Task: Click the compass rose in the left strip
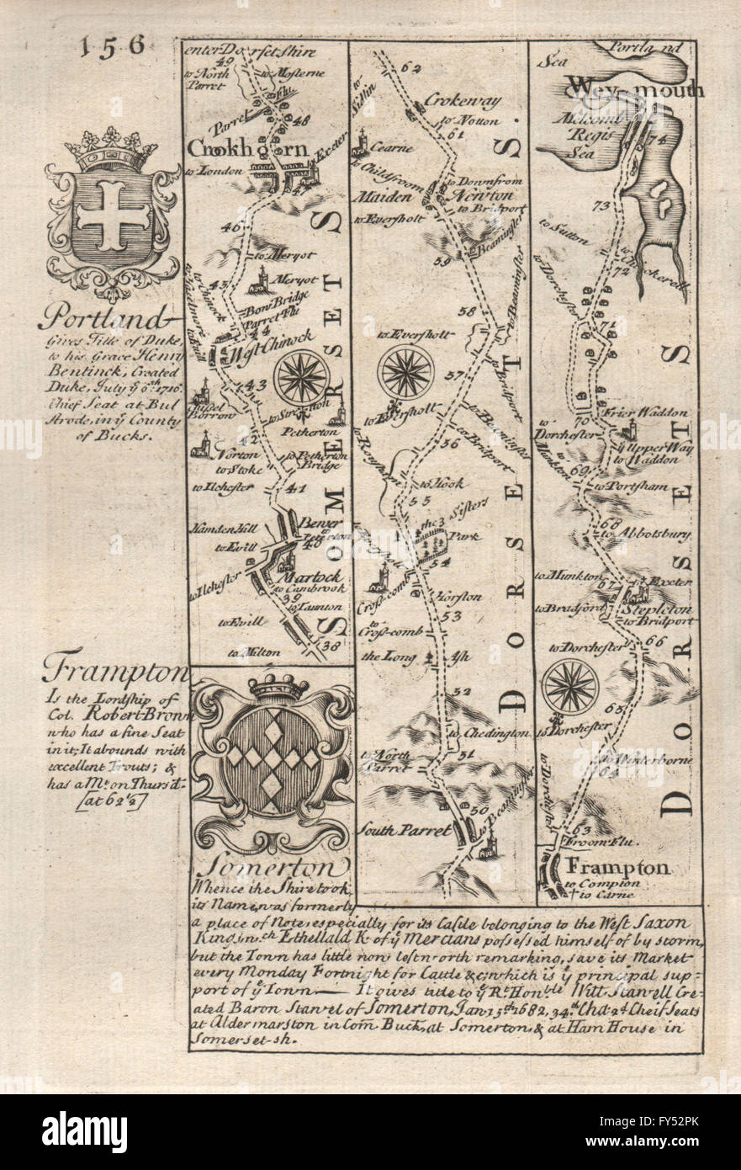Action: (x=300, y=377)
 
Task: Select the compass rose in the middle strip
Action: (x=405, y=371)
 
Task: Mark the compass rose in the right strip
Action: (x=569, y=686)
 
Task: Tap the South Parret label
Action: (x=401, y=829)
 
